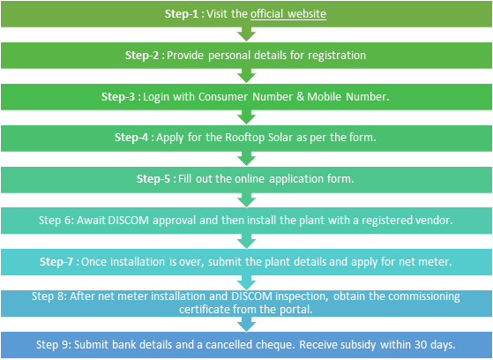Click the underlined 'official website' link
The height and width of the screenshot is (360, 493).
288,14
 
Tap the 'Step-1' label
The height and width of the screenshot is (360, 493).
182,14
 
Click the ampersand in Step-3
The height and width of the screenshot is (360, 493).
301,96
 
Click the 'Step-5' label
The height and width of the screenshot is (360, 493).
153,179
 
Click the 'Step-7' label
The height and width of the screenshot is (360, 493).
56,262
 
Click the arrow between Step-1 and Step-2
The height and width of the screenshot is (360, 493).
247,34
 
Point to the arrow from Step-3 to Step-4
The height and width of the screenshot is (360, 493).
247,117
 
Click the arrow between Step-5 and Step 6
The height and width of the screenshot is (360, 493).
247,200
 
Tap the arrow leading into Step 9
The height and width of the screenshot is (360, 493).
247,325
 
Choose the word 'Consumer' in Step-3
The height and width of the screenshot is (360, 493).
223,96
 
